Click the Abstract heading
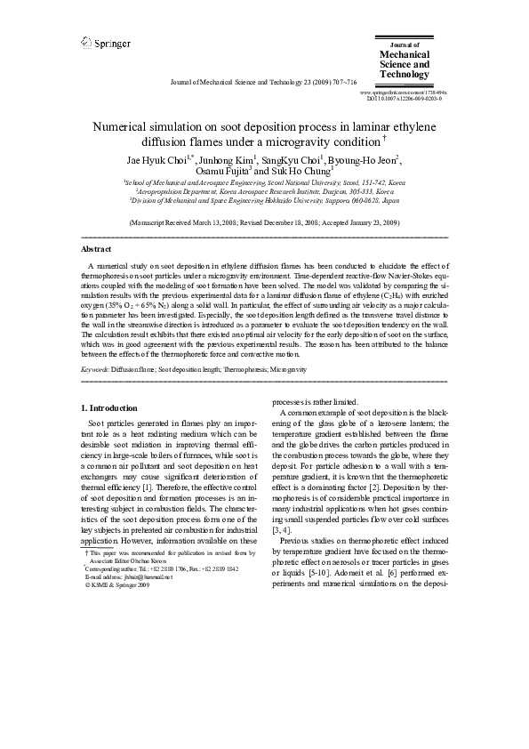96,250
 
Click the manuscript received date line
264,221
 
